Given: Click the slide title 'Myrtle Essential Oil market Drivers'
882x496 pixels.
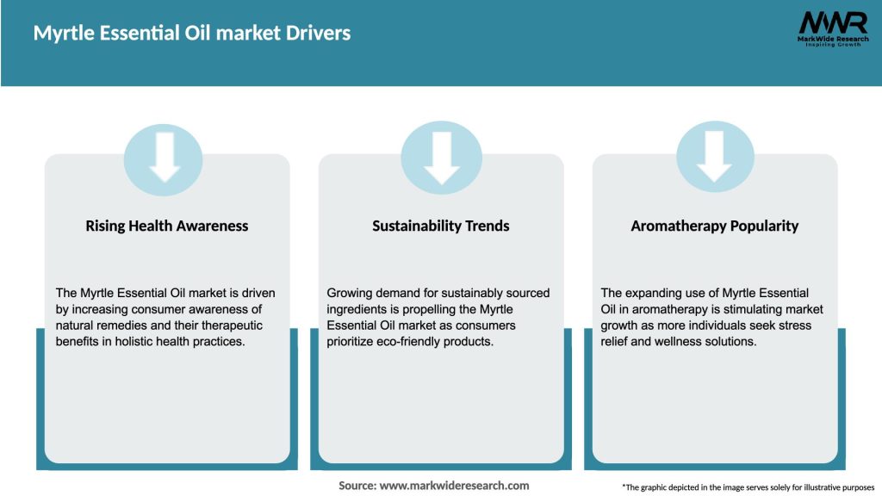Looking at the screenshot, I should tap(192, 34).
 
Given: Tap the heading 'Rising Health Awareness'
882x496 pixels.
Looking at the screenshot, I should tap(167, 226).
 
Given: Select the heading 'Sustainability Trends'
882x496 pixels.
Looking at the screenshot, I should tap(441, 226).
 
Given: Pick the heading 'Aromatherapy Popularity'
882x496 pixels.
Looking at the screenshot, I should tap(715, 226).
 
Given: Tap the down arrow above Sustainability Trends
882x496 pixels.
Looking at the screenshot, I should tap(441, 156).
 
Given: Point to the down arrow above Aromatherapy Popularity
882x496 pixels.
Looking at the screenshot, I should tap(715, 156).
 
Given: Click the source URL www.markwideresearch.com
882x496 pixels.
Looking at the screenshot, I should tap(454, 486).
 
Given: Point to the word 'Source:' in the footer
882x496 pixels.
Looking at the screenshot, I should tap(357, 486).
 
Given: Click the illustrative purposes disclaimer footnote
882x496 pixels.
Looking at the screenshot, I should tap(748, 487).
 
